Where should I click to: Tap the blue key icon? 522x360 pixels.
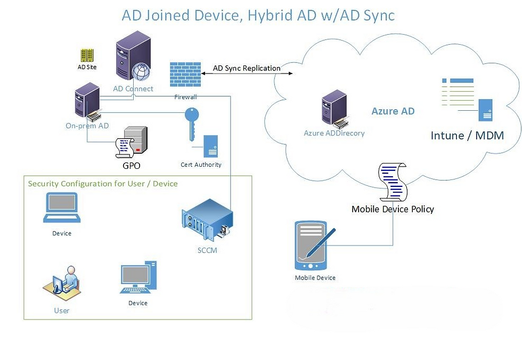192,121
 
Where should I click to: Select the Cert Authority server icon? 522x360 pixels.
211,146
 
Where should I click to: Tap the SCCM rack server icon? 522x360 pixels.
207,224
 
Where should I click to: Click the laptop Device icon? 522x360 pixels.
62,208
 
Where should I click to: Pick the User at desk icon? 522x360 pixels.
61,285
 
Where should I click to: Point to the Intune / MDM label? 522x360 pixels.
467,135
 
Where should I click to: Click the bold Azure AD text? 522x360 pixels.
393,111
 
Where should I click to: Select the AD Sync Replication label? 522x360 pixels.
247,68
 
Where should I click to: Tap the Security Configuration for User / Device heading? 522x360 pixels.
103,184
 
